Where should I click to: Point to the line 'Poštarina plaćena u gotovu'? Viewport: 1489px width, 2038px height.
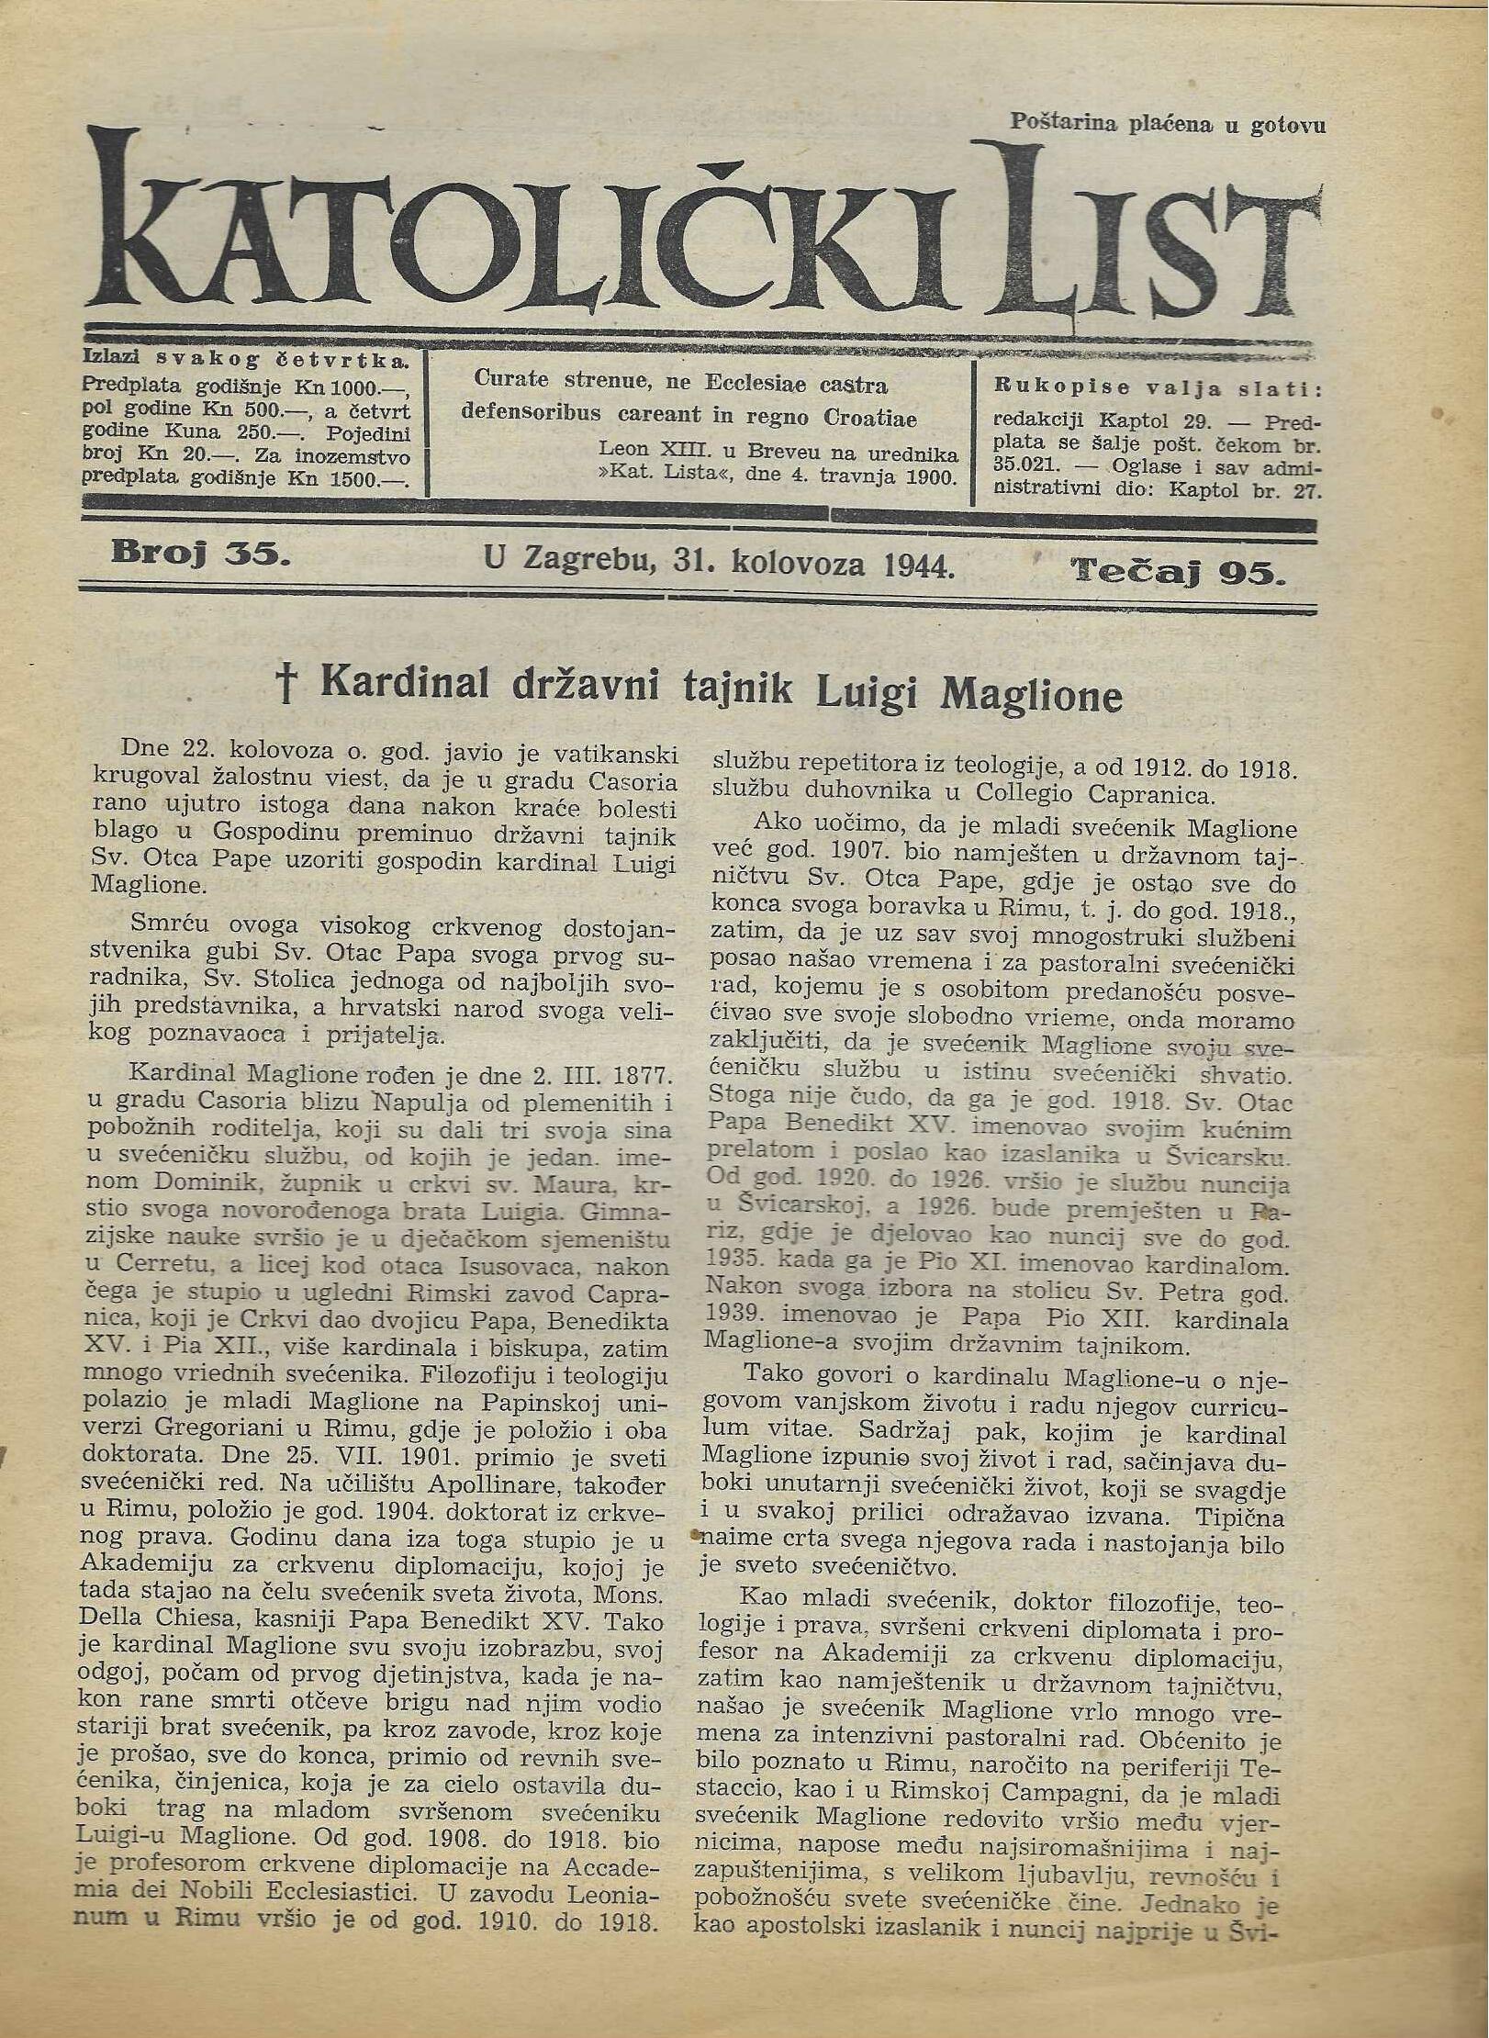click(1168, 124)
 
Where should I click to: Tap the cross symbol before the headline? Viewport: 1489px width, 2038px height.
click(287, 686)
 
